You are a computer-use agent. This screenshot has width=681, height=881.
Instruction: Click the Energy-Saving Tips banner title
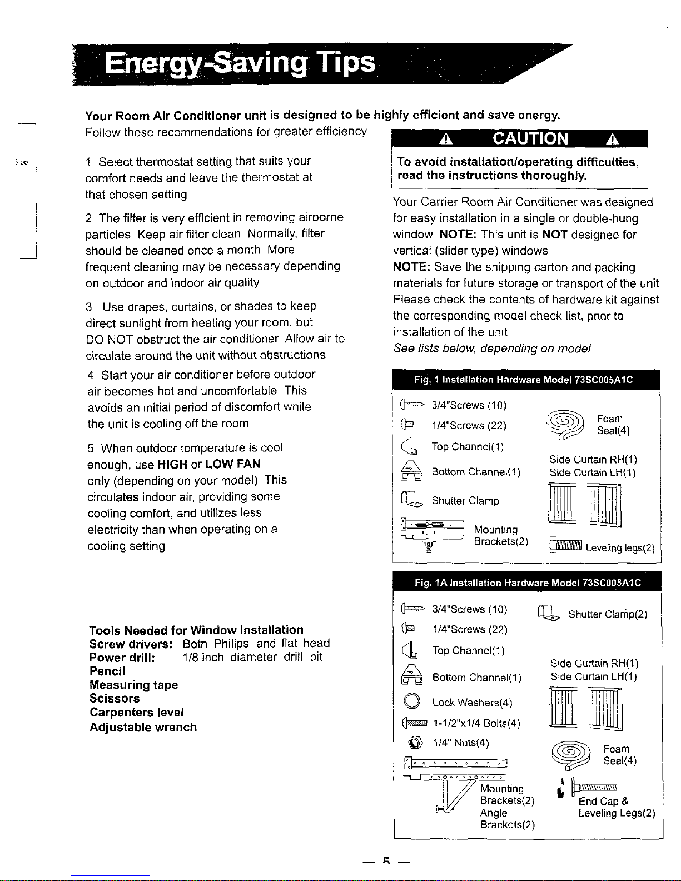tap(240, 64)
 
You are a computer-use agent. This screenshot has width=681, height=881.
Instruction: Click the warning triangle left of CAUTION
tap(445, 139)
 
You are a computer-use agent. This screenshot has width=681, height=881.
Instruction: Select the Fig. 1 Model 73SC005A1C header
tap(523, 380)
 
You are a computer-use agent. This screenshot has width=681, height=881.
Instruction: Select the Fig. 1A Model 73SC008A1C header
tap(528, 583)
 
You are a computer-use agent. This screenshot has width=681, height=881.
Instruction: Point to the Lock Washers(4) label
tap(472, 703)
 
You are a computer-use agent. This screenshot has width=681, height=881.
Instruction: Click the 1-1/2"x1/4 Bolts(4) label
tap(476, 723)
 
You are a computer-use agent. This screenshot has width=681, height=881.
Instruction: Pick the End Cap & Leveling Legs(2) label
tap(617, 807)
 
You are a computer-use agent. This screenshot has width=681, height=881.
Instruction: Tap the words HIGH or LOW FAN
tap(209, 464)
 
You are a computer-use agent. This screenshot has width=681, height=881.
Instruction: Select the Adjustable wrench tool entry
tap(143, 727)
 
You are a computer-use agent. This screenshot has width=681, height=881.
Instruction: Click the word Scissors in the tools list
tap(115, 698)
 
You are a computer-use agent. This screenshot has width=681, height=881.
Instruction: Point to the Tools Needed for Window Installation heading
tap(196, 630)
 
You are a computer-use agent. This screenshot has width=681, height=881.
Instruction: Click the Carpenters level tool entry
tap(136, 713)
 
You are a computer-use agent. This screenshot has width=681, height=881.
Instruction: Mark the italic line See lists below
tap(492, 349)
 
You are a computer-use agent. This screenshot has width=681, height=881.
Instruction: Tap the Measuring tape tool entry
tap(133, 685)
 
